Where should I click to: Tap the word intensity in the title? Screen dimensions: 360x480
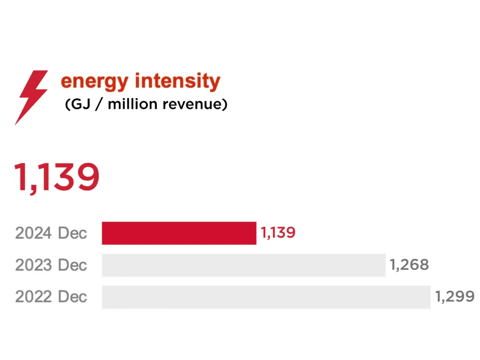tap(177, 81)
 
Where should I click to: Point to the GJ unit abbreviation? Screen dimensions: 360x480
tap(82, 104)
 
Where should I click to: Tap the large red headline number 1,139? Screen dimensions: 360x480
tap(57, 177)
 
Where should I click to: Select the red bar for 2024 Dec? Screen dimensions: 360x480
tap(179, 233)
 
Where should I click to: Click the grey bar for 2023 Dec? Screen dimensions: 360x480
tap(243, 265)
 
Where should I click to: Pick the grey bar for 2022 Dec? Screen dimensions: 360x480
tap(266, 297)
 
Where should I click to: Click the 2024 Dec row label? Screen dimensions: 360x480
tap(51, 233)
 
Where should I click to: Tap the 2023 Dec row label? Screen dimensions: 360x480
tap(51, 265)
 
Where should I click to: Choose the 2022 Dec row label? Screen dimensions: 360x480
tap(51, 297)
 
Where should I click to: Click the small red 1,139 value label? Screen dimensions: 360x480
tap(278, 232)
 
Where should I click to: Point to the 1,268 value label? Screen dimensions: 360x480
tap(409, 265)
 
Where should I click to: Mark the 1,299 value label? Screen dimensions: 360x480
tap(455, 297)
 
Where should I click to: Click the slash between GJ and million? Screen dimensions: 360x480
tap(99, 104)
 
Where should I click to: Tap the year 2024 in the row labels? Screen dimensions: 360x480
tap(33, 233)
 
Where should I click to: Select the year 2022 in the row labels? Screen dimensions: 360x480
tap(33, 297)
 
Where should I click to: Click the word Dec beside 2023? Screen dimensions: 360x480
tap(72, 265)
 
